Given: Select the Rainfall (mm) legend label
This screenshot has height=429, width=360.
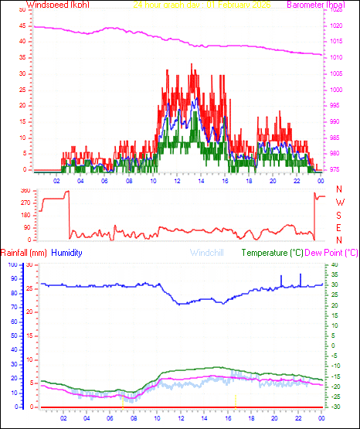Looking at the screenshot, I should click(24, 253).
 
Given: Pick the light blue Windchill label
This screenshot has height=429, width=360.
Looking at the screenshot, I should click(208, 253).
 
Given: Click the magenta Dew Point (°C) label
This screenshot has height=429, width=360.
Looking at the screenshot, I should click(332, 253).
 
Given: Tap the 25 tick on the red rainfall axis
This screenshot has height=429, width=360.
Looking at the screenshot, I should click(29, 288).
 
